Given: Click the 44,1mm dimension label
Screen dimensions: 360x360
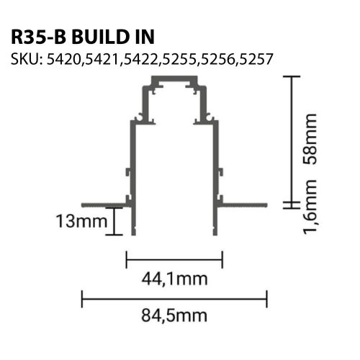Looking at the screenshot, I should [174, 277].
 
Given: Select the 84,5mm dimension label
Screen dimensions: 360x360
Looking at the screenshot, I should [174, 315].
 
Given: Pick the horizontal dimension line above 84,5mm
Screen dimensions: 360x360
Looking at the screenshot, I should [174, 294].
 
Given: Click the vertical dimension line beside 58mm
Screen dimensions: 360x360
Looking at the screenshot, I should [291, 137].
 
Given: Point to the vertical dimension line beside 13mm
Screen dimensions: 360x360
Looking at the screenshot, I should [114, 220].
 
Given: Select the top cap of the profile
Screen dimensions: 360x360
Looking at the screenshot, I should [174, 85].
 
